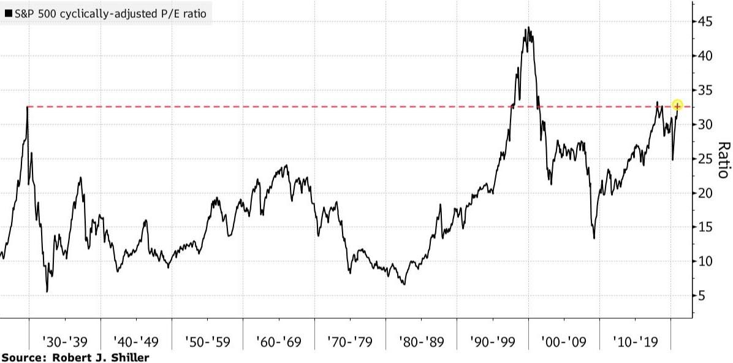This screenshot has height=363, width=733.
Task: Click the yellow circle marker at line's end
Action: pos(677,106)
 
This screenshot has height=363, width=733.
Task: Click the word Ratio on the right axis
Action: pos(724,159)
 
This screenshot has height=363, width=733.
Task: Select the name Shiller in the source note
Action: pos(129,357)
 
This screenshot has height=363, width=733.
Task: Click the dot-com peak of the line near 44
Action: pos(528,28)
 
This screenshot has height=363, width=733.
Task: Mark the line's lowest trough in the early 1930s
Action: pos(47,291)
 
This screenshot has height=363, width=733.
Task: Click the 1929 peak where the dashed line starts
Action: pos(28,107)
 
